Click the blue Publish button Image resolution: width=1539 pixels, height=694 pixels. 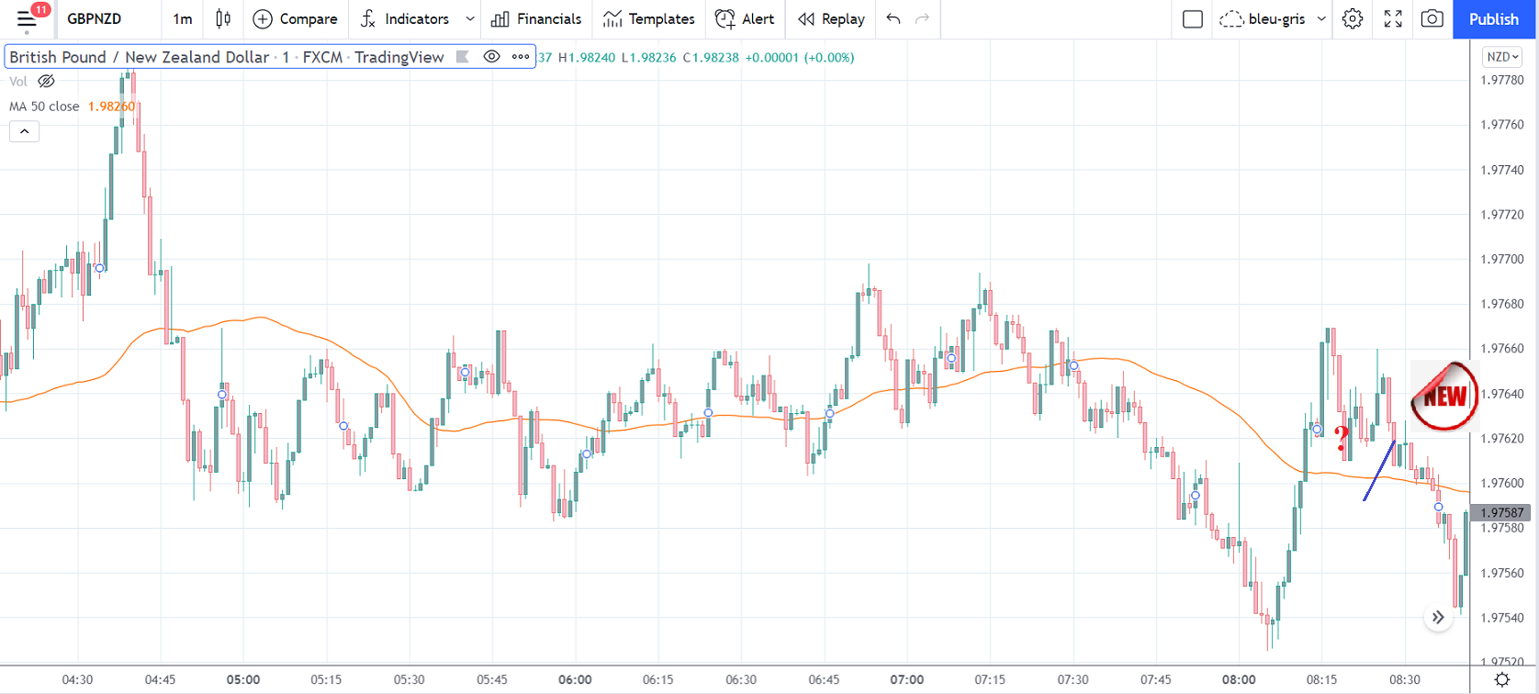[1493, 19]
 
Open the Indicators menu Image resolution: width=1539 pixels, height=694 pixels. [405, 19]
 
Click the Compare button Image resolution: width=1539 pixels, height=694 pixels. [295, 19]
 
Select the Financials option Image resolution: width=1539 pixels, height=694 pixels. [536, 19]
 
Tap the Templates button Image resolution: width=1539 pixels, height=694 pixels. [648, 19]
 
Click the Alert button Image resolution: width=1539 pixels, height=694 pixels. [745, 19]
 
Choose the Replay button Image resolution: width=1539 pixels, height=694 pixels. [831, 19]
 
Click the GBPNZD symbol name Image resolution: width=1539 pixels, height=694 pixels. [95, 19]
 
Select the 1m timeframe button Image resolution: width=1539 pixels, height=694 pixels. [183, 19]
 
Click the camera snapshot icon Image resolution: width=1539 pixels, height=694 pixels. [1432, 19]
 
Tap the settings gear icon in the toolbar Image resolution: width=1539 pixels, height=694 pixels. [1353, 19]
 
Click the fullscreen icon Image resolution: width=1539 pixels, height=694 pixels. [1393, 19]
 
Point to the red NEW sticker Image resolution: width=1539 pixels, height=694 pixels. [1444, 396]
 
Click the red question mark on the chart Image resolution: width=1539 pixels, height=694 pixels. [1342, 438]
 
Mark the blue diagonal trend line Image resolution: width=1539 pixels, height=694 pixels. [1379, 471]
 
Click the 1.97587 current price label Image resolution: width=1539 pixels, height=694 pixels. [1502, 513]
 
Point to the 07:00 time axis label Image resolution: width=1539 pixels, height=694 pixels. [906, 679]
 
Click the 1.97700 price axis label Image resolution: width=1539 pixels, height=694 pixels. [1502, 260]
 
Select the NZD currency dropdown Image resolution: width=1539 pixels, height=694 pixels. [1502, 57]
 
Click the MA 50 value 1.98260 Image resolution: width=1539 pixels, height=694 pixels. [111, 106]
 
